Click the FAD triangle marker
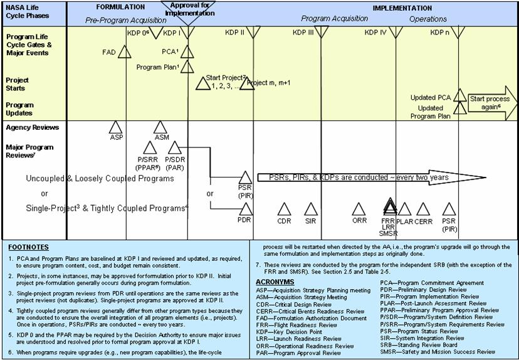(125, 53)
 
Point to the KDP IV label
(376, 33)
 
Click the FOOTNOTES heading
(29, 247)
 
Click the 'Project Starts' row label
(18, 84)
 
